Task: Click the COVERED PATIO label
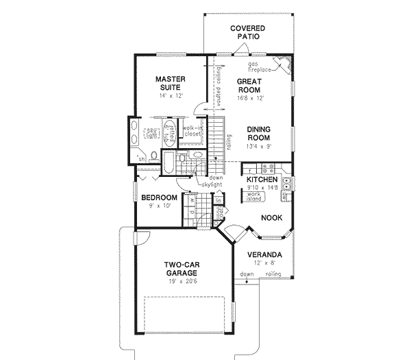pos(247,33)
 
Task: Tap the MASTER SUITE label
pos(166,84)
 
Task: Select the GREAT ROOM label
pos(251,86)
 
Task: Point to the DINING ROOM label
pos(261,133)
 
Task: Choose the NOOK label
pos(271,217)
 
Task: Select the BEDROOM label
pos(159,198)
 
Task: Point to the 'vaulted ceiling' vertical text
pos(219,86)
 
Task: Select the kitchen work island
pos(254,196)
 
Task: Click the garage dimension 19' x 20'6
pos(182,281)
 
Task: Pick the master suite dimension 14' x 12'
pos(166,97)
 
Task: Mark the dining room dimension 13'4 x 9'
pos(261,147)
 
